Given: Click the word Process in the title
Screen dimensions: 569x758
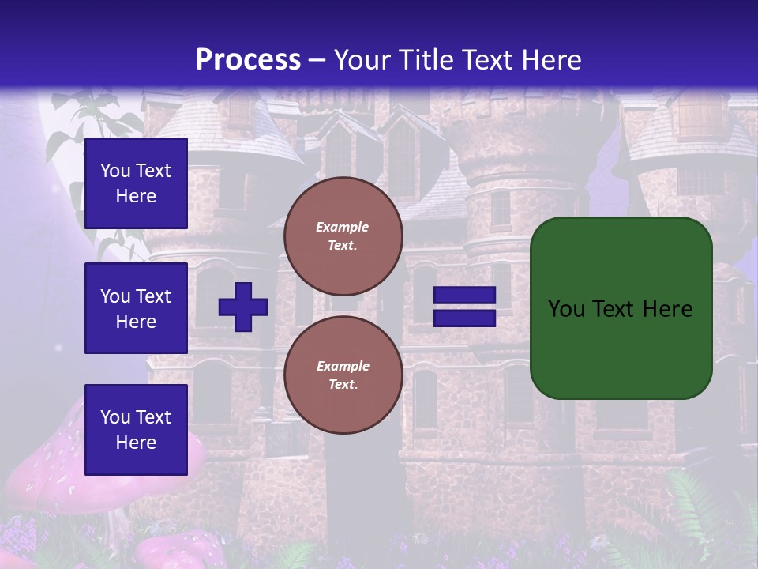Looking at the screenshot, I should click(x=248, y=60).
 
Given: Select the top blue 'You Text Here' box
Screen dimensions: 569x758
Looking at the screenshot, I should click(x=136, y=183).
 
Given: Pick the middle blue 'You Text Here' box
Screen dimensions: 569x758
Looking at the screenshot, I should click(x=136, y=308).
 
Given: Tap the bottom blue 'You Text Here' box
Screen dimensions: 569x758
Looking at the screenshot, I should click(x=136, y=429).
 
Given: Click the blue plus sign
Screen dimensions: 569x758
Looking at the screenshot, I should click(x=243, y=307).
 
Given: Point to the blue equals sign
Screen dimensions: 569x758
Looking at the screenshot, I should click(x=464, y=307).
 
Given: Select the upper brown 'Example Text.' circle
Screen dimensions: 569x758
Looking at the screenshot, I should click(x=343, y=236).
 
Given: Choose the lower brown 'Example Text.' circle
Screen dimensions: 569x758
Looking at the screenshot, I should click(x=343, y=375).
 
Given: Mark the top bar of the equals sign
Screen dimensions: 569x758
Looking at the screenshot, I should click(x=464, y=296).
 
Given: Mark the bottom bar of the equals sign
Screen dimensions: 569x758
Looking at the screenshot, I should click(x=464, y=318).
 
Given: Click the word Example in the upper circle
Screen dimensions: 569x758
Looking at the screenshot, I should click(x=343, y=227).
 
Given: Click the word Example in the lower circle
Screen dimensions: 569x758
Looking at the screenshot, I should click(x=343, y=366).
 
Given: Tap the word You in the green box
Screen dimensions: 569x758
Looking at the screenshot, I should click(x=565, y=309).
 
